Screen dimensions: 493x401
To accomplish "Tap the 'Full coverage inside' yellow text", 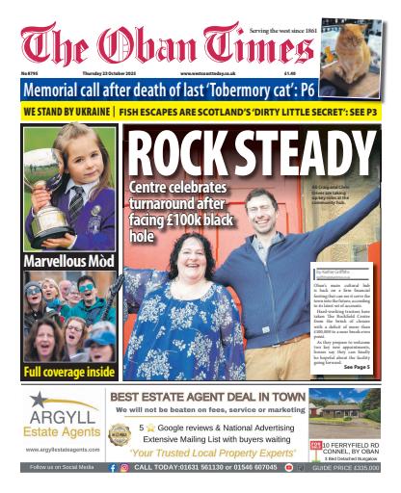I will tap(67, 371).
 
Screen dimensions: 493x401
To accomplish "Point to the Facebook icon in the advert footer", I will tap(113, 467).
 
